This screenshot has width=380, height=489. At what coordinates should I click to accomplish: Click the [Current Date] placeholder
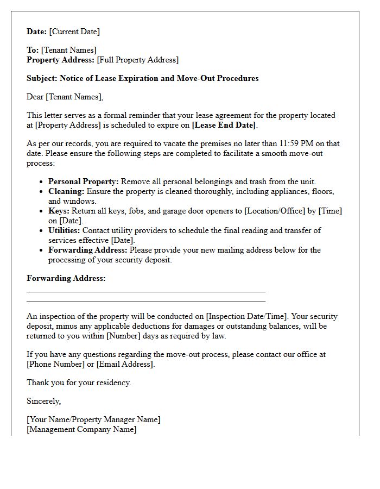[74, 32]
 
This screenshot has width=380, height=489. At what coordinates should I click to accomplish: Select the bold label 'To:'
[33, 50]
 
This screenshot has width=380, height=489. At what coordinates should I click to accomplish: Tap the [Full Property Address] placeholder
[137, 60]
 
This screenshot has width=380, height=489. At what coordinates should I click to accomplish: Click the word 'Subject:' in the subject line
[42, 78]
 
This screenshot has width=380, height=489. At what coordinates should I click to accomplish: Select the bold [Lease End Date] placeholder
[224, 125]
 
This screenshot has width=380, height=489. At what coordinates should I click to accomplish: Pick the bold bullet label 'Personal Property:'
[84, 181]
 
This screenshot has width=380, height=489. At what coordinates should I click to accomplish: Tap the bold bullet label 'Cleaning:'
[66, 191]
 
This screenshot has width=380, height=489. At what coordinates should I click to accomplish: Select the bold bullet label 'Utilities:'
[64, 230]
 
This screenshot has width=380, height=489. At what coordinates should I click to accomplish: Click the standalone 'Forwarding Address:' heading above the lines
[66, 278]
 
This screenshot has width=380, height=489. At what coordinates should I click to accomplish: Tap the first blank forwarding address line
[145, 292]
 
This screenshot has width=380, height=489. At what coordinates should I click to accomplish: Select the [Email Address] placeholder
[125, 364]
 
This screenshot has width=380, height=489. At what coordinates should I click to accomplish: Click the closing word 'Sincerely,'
[43, 401]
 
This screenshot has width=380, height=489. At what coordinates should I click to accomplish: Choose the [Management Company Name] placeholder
[81, 429]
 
